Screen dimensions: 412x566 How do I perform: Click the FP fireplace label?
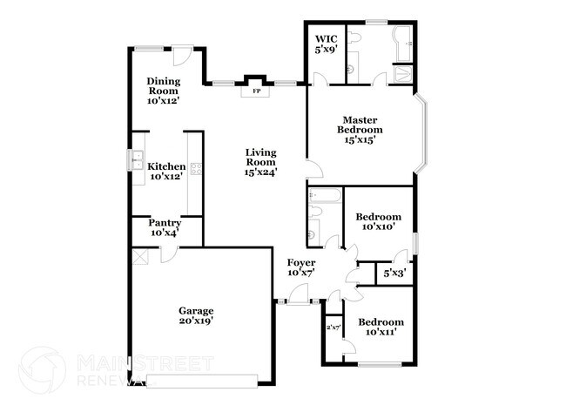pyautogui.click(x=255, y=91)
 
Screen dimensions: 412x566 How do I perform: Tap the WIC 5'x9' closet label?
pyautogui.click(x=326, y=44)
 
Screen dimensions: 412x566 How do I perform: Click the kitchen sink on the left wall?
pyautogui.click(x=137, y=160)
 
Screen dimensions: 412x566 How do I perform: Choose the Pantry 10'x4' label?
pyautogui.click(x=165, y=228)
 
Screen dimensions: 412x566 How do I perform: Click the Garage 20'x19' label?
pyautogui.click(x=196, y=315)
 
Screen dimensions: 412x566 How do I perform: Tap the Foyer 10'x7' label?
pyautogui.click(x=301, y=267)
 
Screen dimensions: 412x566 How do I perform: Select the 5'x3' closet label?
pyautogui.click(x=394, y=274)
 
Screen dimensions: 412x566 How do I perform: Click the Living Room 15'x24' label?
pyautogui.click(x=260, y=162)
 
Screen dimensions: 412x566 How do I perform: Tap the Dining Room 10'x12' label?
pyautogui.click(x=162, y=91)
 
